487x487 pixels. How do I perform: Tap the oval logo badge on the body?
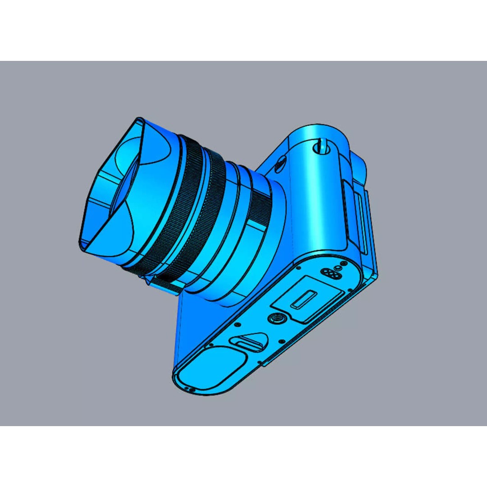point(279,163)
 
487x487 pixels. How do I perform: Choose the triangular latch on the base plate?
point(248,341)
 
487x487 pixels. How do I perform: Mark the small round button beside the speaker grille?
point(339,267)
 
